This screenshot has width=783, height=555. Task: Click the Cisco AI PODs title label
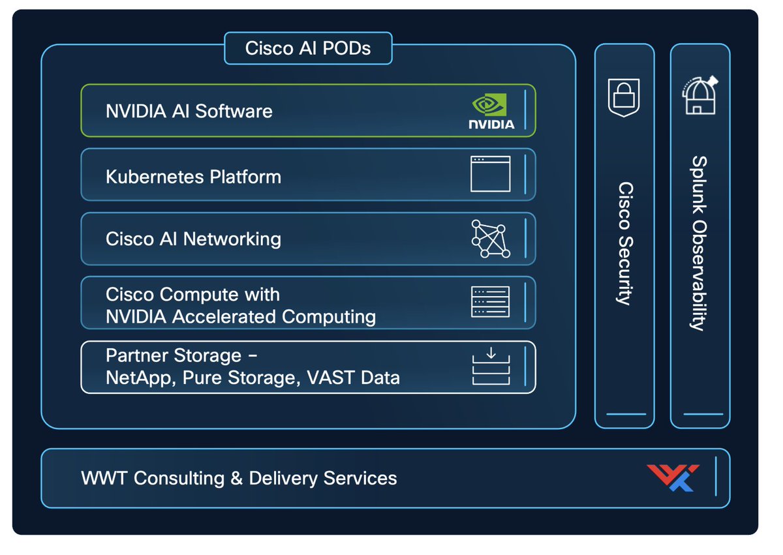pyautogui.click(x=307, y=48)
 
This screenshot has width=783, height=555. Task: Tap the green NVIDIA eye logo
pyautogui.click(x=489, y=104)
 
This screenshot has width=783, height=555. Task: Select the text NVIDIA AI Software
pyautogui.click(x=189, y=111)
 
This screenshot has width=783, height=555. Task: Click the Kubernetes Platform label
pyautogui.click(x=193, y=177)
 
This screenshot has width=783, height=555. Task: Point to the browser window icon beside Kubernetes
pyautogui.click(x=491, y=174)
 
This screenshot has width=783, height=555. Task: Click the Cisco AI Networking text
pyautogui.click(x=193, y=239)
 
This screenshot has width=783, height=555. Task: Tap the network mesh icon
pyautogui.click(x=491, y=239)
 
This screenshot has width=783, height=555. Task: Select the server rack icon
pyautogui.click(x=491, y=302)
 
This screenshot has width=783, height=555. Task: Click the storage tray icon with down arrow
pyautogui.click(x=491, y=366)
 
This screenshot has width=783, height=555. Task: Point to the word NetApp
pyautogui.click(x=140, y=378)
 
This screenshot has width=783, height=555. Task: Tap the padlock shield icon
pyautogui.click(x=624, y=97)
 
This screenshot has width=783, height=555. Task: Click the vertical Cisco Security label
pyautogui.click(x=626, y=243)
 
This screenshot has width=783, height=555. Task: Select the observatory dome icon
pyautogui.click(x=699, y=95)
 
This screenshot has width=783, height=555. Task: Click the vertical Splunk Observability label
pyautogui.click(x=699, y=243)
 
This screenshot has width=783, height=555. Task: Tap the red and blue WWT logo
pyautogui.click(x=673, y=477)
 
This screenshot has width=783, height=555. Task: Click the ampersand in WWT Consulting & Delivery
pyautogui.click(x=237, y=478)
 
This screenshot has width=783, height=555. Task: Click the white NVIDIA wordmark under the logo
pyautogui.click(x=491, y=125)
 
